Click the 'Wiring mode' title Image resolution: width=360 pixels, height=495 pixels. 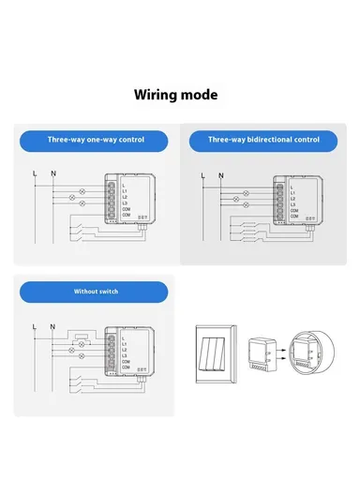[175, 95]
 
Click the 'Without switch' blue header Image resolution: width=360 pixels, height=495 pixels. [97, 292]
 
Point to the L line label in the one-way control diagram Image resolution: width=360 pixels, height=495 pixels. [35, 173]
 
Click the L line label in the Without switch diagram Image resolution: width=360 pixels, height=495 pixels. [35, 326]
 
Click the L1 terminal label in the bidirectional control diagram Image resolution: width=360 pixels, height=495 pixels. [293, 191]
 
